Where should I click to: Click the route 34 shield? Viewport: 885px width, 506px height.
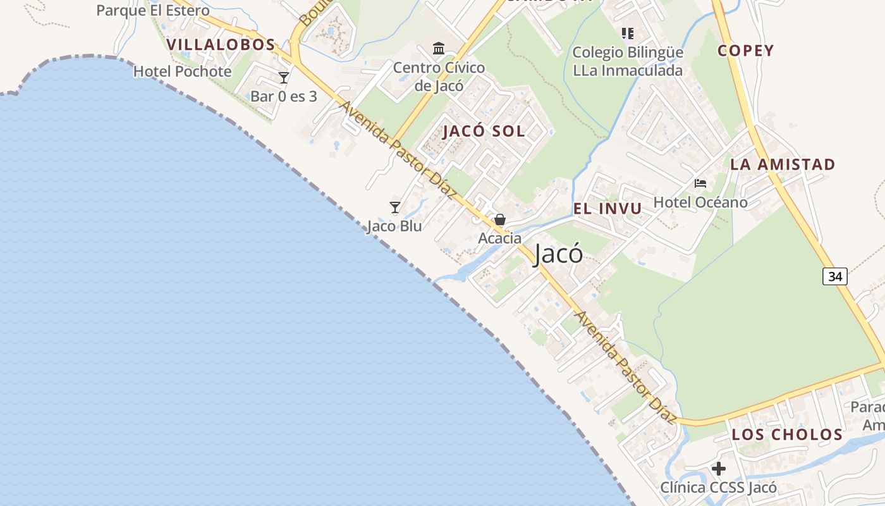point(834,276)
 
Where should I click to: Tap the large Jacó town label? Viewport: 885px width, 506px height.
point(558,254)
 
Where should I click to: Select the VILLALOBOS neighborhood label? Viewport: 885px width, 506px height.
point(221,45)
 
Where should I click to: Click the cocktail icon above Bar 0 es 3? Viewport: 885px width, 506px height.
point(284,78)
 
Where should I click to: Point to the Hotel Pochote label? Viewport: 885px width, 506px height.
point(182,71)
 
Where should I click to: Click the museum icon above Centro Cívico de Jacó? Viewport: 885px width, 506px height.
point(439,48)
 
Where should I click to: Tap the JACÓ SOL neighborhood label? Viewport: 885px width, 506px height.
point(484,132)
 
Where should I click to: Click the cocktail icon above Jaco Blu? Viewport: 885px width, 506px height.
point(395,207)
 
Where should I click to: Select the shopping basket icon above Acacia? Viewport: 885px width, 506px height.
point(500,219)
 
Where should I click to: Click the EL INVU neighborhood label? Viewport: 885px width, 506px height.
point(607,209)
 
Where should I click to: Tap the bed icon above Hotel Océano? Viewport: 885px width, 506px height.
point(700,183)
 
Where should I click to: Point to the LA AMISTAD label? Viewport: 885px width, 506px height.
point(783,164)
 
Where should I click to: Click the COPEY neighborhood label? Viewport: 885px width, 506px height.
point(745,51)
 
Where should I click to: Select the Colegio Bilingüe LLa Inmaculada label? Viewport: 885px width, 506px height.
point(628,61)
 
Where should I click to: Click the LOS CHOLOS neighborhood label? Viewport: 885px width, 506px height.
point(787,435)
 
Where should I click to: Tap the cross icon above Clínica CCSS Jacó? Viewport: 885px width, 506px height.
point(719,469)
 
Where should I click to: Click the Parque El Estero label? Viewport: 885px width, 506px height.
point(152,11)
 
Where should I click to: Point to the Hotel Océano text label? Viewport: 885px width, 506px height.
point(700,202)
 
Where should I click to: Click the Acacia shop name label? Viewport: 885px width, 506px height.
point(500,238)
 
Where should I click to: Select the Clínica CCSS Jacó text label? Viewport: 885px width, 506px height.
point(719,488)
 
